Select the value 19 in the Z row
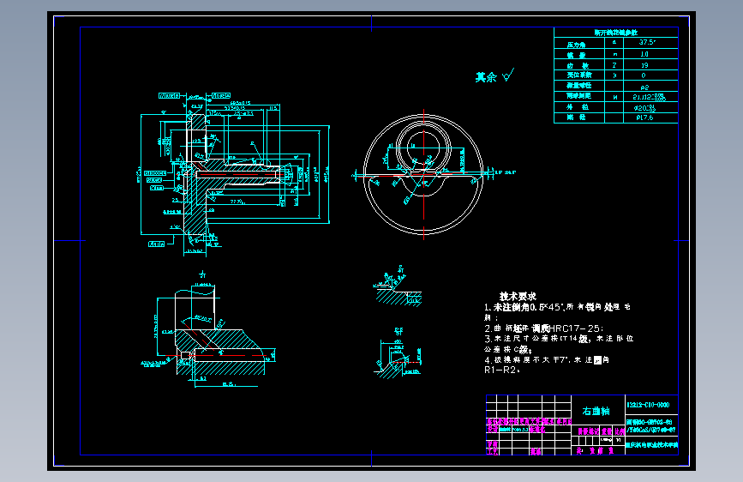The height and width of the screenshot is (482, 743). [644, 64]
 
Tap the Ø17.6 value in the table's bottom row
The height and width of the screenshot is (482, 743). [644, 117]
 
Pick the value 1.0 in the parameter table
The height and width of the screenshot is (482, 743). [644, 53]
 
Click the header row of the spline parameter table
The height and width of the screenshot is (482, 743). [615, 31]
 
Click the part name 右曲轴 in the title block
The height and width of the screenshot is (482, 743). [596, 411]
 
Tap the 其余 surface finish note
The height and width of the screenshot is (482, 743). [486, 77]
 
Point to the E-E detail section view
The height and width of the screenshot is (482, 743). [397, 353]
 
